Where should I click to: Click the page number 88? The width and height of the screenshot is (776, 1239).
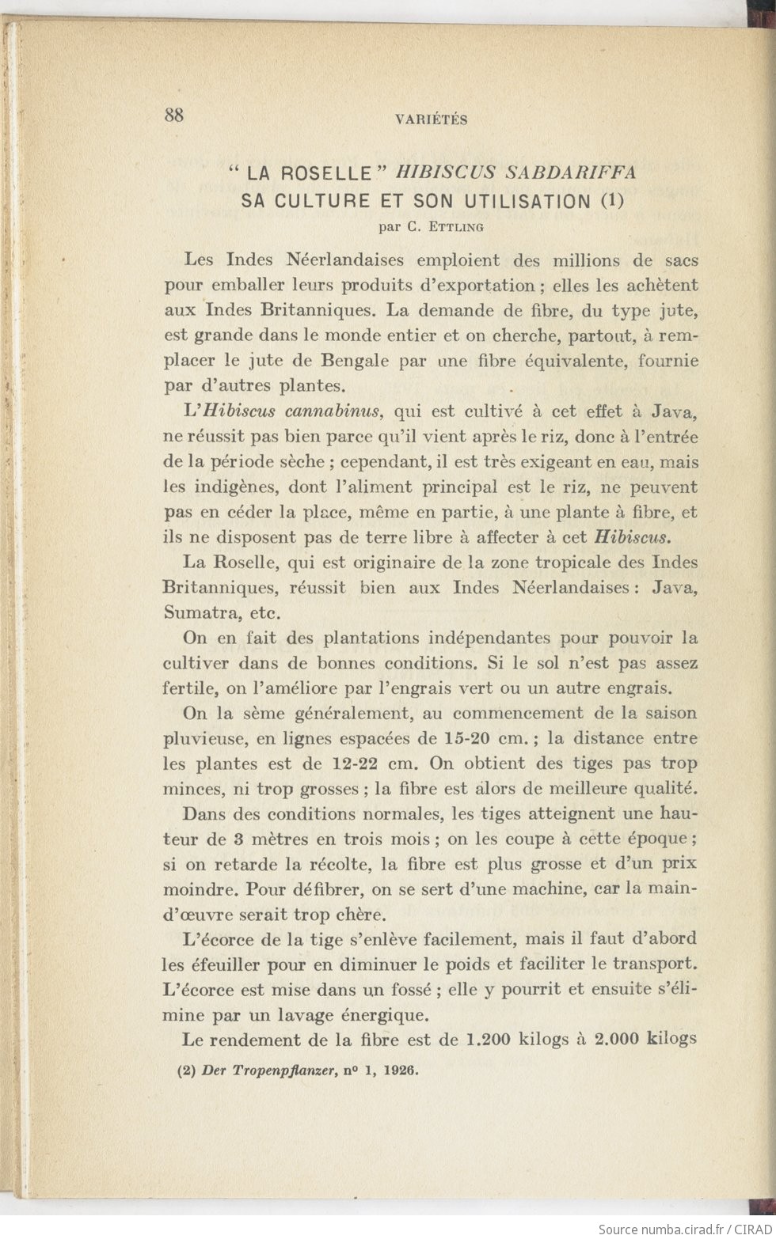174,115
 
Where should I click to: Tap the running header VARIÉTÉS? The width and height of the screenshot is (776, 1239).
431,120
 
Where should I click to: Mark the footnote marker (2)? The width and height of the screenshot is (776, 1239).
185,1071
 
